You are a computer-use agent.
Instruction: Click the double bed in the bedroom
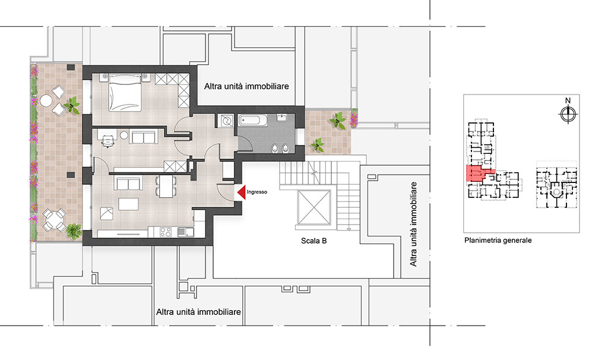pyautogui.click(x=124, y=93)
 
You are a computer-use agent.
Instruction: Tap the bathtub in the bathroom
pyautogui.click(x=252, y=120)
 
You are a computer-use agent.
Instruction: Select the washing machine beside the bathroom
pyautogui.click(x=225, y=120)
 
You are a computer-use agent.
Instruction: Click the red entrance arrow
pyautogui.click(x=241, y=192)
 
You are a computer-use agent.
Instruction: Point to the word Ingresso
pyautogui.click(x=256, y=192)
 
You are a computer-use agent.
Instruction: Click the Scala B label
pyautogui.click(x=313, y=241)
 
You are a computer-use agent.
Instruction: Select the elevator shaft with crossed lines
pyautogui.click(x=313, y=207)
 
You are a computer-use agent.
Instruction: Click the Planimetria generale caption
pyautogui.click(x=498, y=240)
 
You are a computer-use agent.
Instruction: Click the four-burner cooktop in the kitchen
pyautogui.click(x=166, y=232)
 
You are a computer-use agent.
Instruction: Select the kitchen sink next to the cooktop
pyautogui.click(x=186, y=232)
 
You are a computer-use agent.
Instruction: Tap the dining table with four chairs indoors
pyautogui.click(x=166, y=186)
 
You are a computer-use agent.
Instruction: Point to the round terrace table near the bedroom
pyautogui.click(x=46, y=100)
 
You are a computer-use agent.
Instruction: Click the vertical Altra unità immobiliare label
pyautogui.click(x=413, y=224)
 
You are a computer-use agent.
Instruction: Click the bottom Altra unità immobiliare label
pyautogui.click(x=198, y=312)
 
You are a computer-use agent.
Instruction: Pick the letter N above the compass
pyautogui.click(x=568, y=100)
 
